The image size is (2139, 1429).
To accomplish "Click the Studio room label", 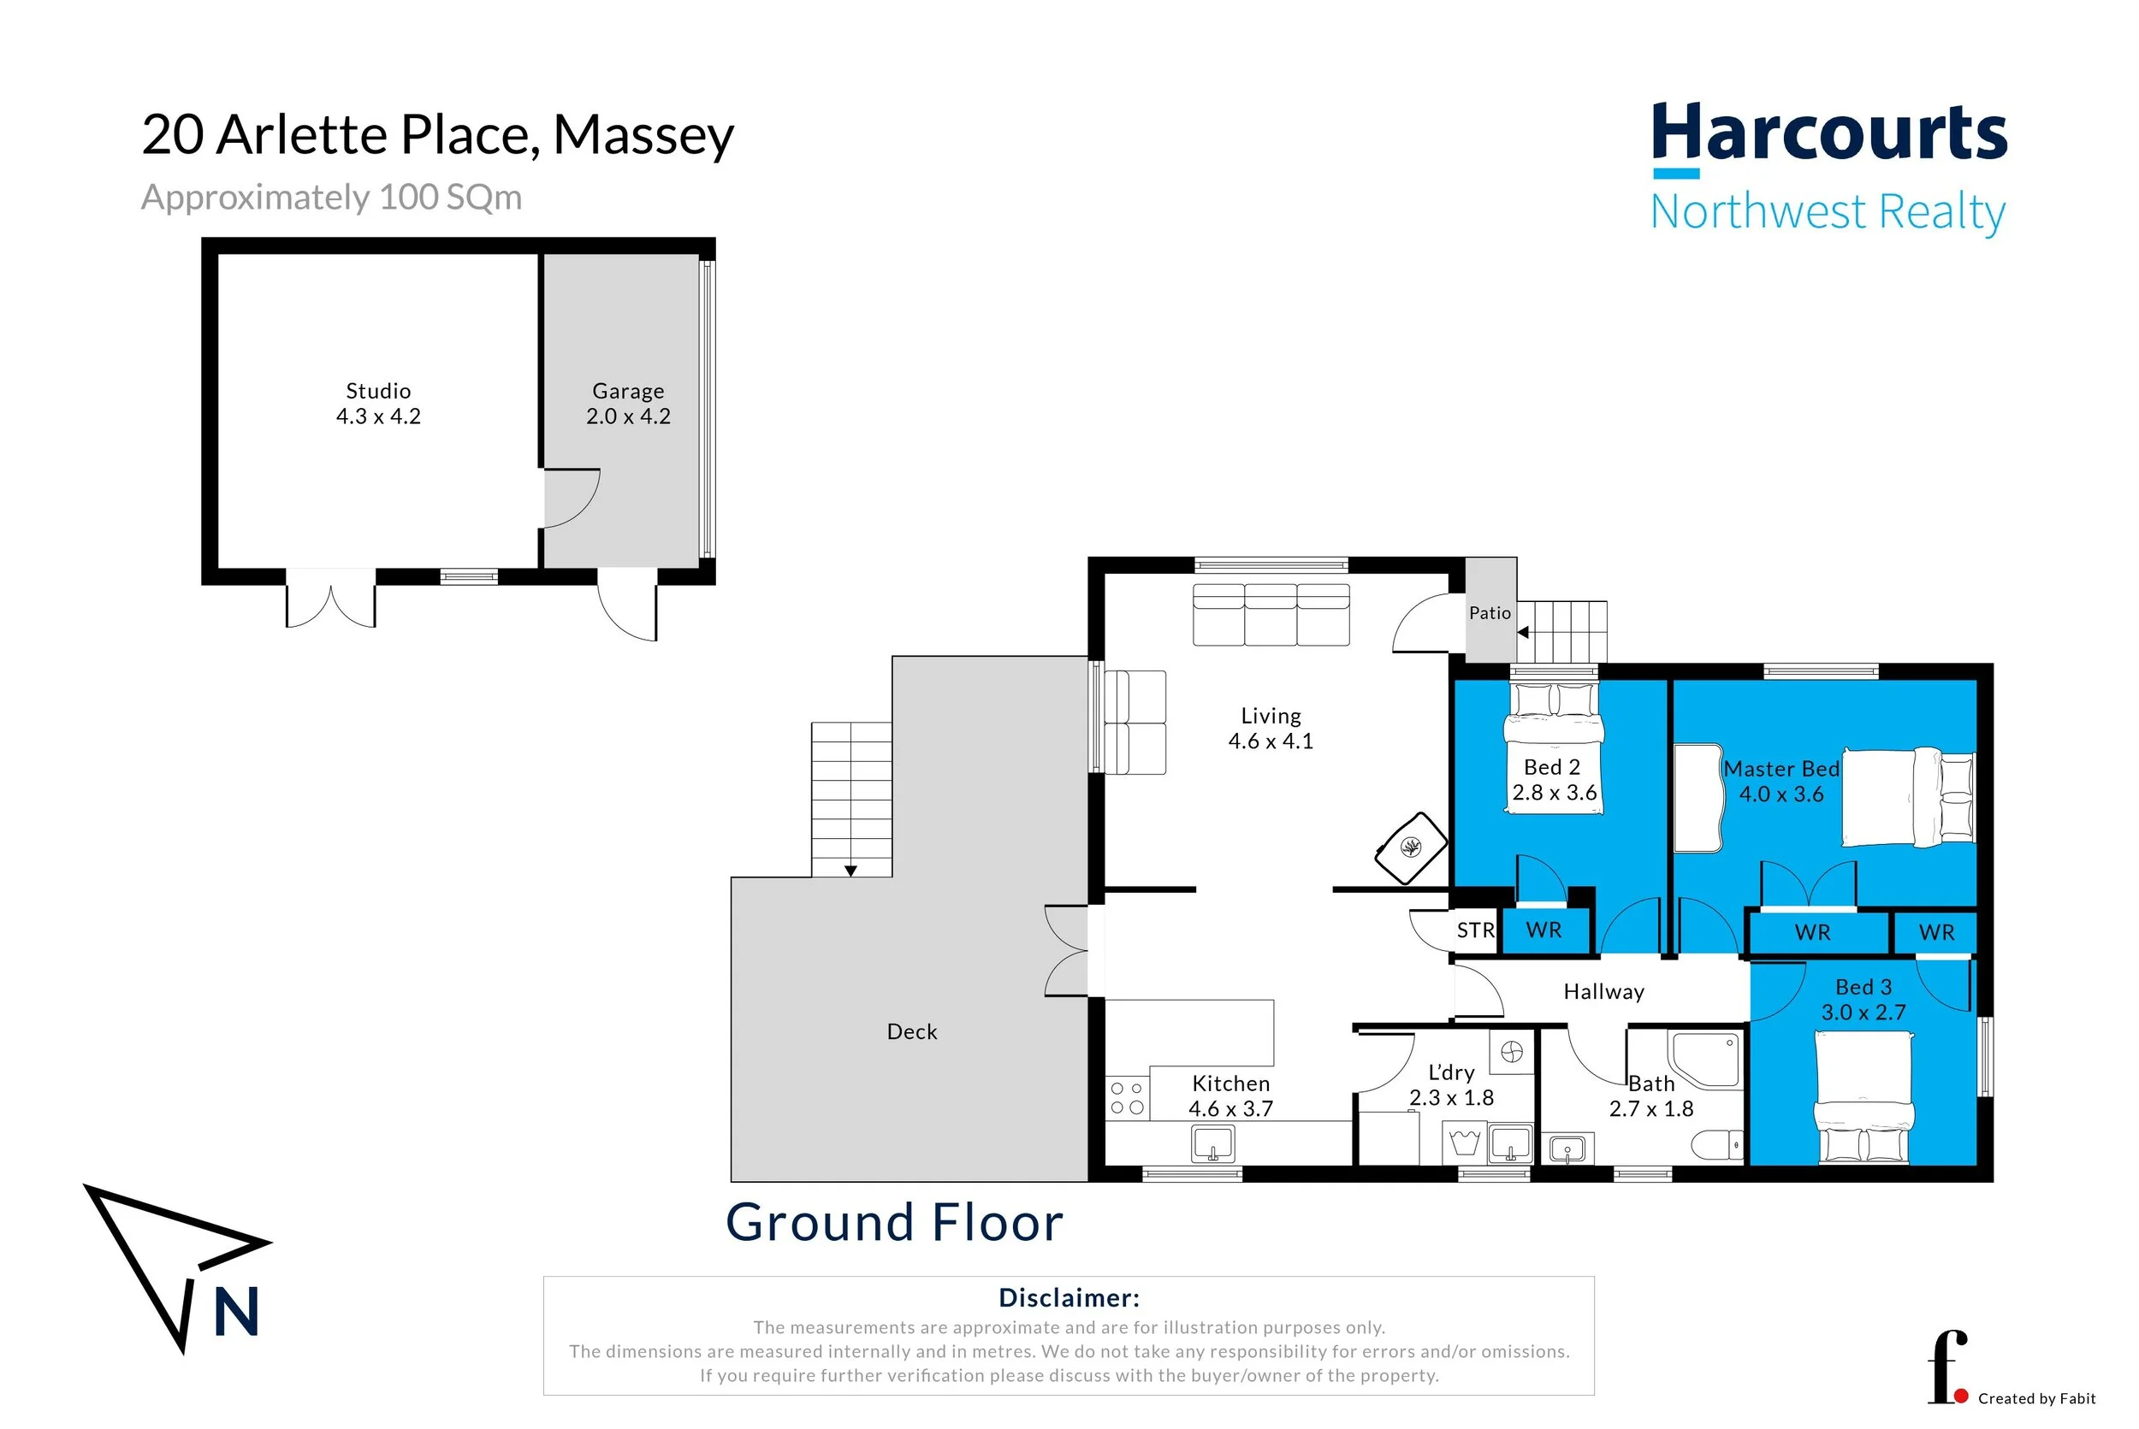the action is (x=378, y=391).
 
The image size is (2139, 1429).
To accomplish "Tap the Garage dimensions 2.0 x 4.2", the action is (x=628, y=416).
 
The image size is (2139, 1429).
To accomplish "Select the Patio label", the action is (x=1490, y=613).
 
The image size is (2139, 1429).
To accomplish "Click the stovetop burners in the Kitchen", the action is (x=1127, y=1098).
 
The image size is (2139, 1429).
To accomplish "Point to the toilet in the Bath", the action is (x=1717, y=1145).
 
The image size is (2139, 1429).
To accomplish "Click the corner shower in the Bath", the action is (x=1705, y=1058).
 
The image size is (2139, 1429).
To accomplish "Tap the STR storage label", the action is (x=1475, y=930).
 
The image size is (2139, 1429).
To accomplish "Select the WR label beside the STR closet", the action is (x=1544, y=930).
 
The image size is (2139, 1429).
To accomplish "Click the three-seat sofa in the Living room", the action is (x=1271, y=615).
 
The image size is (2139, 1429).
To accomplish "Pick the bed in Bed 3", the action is (x=1863, y=1098).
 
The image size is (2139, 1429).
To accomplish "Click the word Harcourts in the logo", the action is (x=1829, y=133).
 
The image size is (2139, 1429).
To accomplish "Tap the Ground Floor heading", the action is (x=894, y=1222).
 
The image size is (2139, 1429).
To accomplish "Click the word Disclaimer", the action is (x=1069, y=1298).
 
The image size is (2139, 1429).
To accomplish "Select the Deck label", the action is (x=912, y=1031).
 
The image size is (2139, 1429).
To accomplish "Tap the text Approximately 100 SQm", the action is (x=332, y=198).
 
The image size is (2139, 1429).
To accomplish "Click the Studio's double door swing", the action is (x=330, y=599).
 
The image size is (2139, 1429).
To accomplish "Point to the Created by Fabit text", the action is (x=2037, y=1399).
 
